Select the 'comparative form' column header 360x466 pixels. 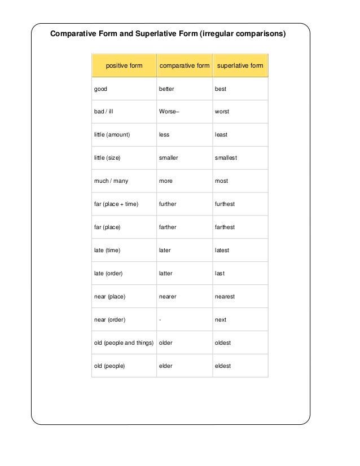(185, 66)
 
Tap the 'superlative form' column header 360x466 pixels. (240, 66)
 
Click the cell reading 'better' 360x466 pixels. (166, 89)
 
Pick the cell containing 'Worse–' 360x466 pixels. (169, 112)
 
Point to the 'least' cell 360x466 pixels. (221, 135)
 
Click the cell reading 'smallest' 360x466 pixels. (226, 158)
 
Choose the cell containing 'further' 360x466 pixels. (168, 204)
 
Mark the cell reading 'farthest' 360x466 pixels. (225, 227)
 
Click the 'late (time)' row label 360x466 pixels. (107, 250)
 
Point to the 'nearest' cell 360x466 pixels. (225, 297)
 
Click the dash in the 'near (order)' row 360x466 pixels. (160, 320)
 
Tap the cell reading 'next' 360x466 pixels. (221, 320)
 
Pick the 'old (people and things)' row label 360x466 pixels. (124, 342)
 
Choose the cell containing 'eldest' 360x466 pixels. (223, 366)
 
